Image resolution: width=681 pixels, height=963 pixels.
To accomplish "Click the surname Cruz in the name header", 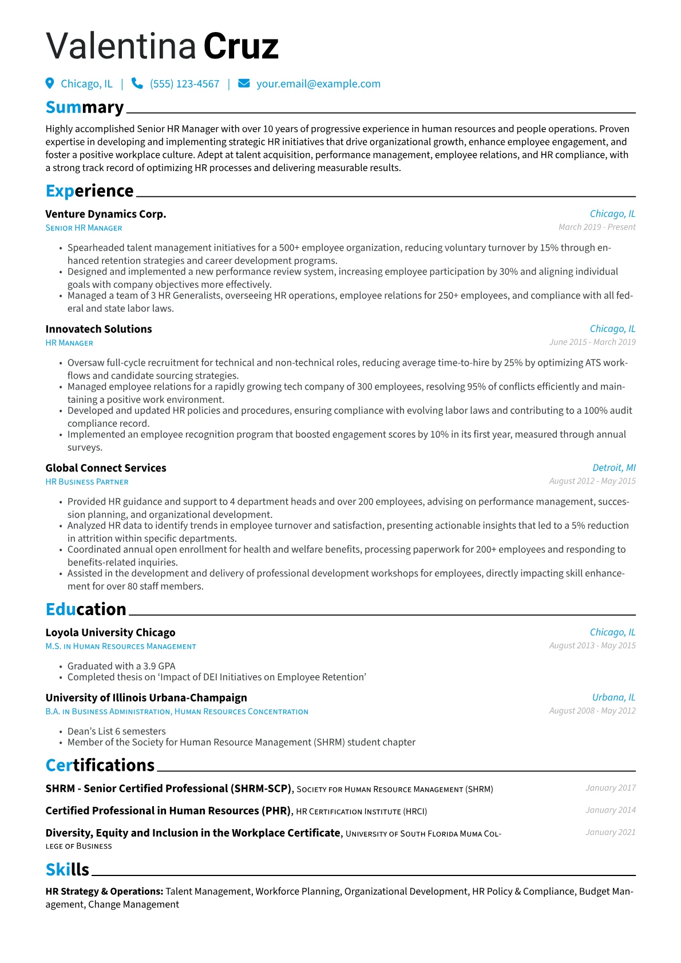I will tap(241, 46).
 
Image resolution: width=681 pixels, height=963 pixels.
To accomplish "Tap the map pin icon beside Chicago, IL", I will tap(50, 84).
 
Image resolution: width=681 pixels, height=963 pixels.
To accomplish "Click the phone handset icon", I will tap(137, 84).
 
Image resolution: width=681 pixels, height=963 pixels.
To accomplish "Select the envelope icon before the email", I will tap(244, 84).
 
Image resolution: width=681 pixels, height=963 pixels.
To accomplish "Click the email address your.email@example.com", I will tap(318, 84).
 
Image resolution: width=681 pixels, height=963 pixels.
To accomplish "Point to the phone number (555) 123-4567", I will tap(184, 84).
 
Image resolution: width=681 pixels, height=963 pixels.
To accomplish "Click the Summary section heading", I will tap(85, 108).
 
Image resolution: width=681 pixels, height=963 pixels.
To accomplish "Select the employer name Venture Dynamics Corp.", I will tap(106, 214).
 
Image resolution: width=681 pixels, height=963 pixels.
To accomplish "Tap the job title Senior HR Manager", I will tap(84, 228).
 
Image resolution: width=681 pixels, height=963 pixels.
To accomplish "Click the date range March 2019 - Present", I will tap(596, 227).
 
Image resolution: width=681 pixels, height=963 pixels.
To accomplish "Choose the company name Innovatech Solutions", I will tap(98, 329).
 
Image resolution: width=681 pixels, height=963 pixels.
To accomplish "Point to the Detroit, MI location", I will tap(613, 468).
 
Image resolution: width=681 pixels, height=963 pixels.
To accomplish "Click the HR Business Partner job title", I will tap(87, 482).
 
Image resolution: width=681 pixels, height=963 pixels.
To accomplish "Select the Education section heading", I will tap(86, 609).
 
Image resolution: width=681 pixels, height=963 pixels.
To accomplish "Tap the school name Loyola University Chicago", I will tap(110, 632).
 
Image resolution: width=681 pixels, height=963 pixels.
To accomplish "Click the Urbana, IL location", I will tap(613, 698).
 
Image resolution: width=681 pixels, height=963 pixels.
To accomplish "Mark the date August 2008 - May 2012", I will tap(592, 711).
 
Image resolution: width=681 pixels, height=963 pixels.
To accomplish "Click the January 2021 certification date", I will tap(610, 833).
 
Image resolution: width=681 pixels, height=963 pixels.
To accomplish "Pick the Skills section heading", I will tap(67, 870).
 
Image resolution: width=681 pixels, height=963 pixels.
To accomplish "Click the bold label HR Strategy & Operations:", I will tap(104, 891).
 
